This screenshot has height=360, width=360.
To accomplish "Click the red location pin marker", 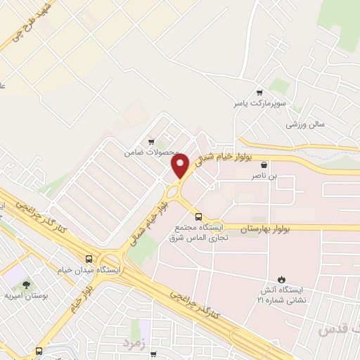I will pos(181,165).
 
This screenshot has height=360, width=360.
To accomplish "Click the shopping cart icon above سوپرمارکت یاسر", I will pos(260,92).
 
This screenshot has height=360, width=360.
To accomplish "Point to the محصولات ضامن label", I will pos(148,152).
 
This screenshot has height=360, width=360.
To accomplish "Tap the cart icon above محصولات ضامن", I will pos(149,141).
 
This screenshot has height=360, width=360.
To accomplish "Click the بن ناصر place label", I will pos(264,176).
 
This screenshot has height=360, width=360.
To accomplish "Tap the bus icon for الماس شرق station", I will pos(198,217).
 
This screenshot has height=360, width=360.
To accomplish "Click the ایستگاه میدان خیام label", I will pos(89,270).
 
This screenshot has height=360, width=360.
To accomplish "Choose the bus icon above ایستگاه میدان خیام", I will pos(89,258).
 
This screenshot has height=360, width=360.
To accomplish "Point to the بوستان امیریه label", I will pos(27,296).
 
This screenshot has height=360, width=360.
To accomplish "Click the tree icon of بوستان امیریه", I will pos(27,284).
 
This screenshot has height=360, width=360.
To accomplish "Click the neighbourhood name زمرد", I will pos(133,342).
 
